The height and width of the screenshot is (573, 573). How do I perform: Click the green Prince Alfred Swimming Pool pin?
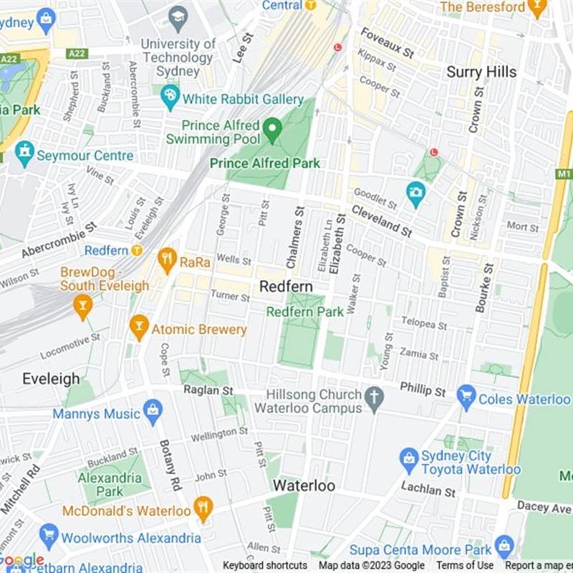(271, 130)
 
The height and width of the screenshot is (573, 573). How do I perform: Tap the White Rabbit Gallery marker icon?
(170, 97)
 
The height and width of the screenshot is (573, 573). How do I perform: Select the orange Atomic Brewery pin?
(139, 328)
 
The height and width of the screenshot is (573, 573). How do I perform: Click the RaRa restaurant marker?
(168, 261)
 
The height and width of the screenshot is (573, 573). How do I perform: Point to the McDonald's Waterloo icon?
(203, 509)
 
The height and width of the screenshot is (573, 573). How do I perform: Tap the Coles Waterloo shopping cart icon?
(467, 397)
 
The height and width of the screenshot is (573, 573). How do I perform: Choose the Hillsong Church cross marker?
(373, 399)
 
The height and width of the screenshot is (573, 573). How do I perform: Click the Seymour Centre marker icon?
(24, 154)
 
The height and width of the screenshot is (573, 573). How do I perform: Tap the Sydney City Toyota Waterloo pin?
(409, 460)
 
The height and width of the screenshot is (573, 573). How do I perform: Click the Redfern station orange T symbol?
(136, 251)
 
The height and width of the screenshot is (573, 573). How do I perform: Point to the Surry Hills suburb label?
(481, 72)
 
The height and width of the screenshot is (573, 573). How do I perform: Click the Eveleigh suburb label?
(51, 379)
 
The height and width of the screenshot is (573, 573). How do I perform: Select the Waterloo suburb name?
(304, 486)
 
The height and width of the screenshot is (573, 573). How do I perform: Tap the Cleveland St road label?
(381, 221)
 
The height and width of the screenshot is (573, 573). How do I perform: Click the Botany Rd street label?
(171, 466)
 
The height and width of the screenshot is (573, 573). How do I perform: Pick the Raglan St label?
(208, 390)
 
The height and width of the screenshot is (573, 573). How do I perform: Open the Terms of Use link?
(465, 566)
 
